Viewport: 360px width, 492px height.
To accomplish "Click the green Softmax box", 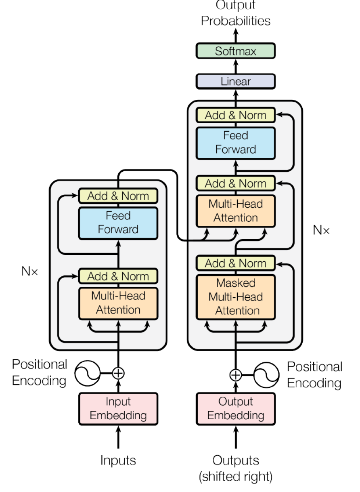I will pyautogui.click(x=235, y=51).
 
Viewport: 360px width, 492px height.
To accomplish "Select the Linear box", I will pyautogui.click(x=235, y=81).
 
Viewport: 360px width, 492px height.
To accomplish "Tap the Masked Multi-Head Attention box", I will pyautogui.click(x=235, y=296).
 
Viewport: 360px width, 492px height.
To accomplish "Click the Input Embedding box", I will pyautogui.click(x=118, y=408).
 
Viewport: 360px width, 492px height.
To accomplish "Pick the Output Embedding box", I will pyautogui.click(x=235, y=408).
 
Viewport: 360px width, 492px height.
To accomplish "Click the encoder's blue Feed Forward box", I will pyautogui.click(x=118, y=222).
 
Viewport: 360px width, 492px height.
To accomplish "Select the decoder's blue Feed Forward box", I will pyautogui.click(x=235, y=143).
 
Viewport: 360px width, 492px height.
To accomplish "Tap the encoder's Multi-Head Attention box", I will pyautogui.click(x=118, y=303).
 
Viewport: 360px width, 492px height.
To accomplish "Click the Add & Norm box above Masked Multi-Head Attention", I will pyautogui.click(x=235, y=263).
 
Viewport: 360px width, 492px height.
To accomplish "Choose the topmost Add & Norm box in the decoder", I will pyautogui.click(x=235, y=115).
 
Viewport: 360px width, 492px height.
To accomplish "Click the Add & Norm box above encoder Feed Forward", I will pyautogui.click(x=118, y=196).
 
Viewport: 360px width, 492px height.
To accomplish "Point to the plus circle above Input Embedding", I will pyautogui.click(x=118, y=373).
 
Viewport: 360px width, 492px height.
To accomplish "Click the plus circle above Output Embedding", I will pyautogui.click(x=235, y=375).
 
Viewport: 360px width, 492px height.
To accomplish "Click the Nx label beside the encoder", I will pyautogui.click(x=29, y=271).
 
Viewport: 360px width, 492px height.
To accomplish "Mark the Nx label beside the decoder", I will pyautogui.click(x=321, y=231).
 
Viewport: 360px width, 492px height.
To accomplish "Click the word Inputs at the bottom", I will pyautogui.click(x=118, y=460).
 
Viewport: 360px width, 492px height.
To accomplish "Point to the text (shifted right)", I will pyautogui.click(x=235, y=477).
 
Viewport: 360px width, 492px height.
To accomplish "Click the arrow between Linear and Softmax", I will pyautogui.click(x=235, y=66).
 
